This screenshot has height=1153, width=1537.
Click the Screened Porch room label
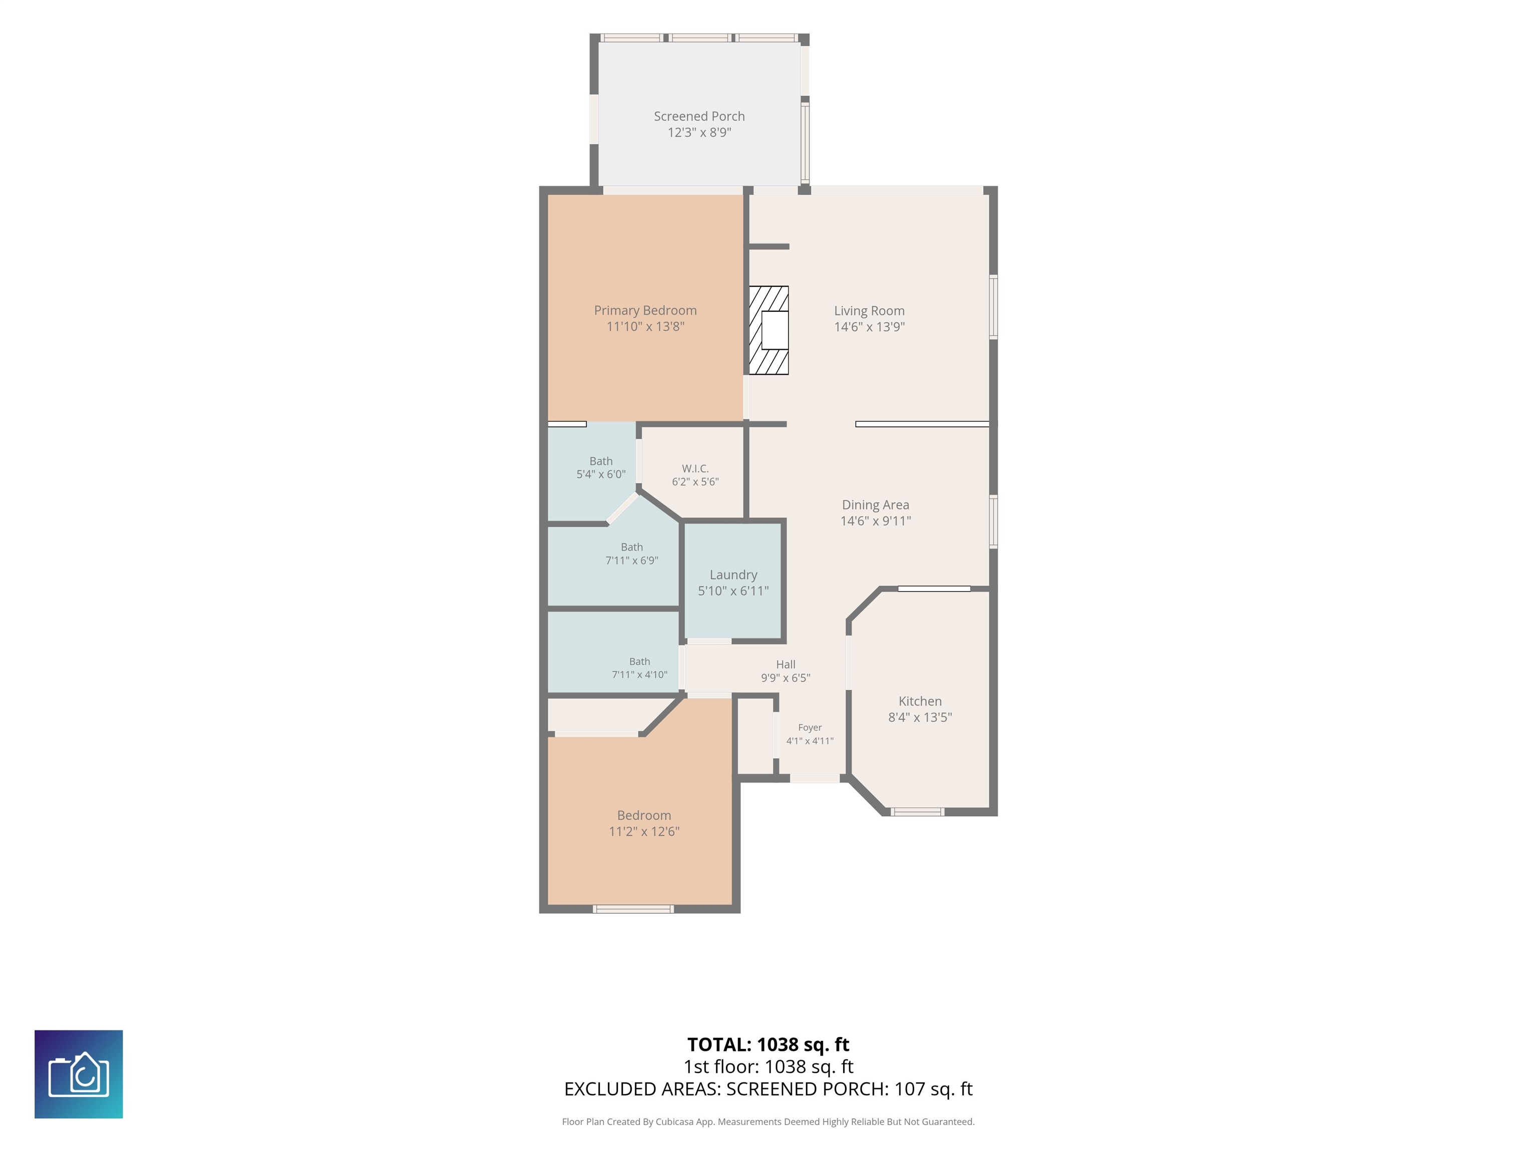[x=699, y=116]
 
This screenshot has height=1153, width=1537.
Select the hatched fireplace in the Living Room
[x=768, y=330]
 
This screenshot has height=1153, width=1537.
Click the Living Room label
[x=869, y=311]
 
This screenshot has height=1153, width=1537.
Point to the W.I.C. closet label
[x=695, y=468]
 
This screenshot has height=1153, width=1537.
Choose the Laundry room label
[x=733, y=575]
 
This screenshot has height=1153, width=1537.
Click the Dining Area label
[x=876, y=504]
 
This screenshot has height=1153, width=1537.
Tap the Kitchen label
[x=920, y=701]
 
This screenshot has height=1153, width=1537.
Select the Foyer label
[x=810, y=728]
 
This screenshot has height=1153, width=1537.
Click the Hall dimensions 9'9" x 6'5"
[x=785, y=678]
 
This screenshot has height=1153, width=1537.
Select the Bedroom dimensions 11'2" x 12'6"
[x=644, y=831]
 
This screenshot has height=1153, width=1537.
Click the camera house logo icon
[x=79, y=1074]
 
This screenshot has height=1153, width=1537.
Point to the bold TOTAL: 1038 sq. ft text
[x=768, y=1044]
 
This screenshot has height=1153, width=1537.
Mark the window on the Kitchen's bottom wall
[x=917, y=812]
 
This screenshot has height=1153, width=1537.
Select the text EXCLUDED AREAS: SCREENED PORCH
[x=725, y=1089]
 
